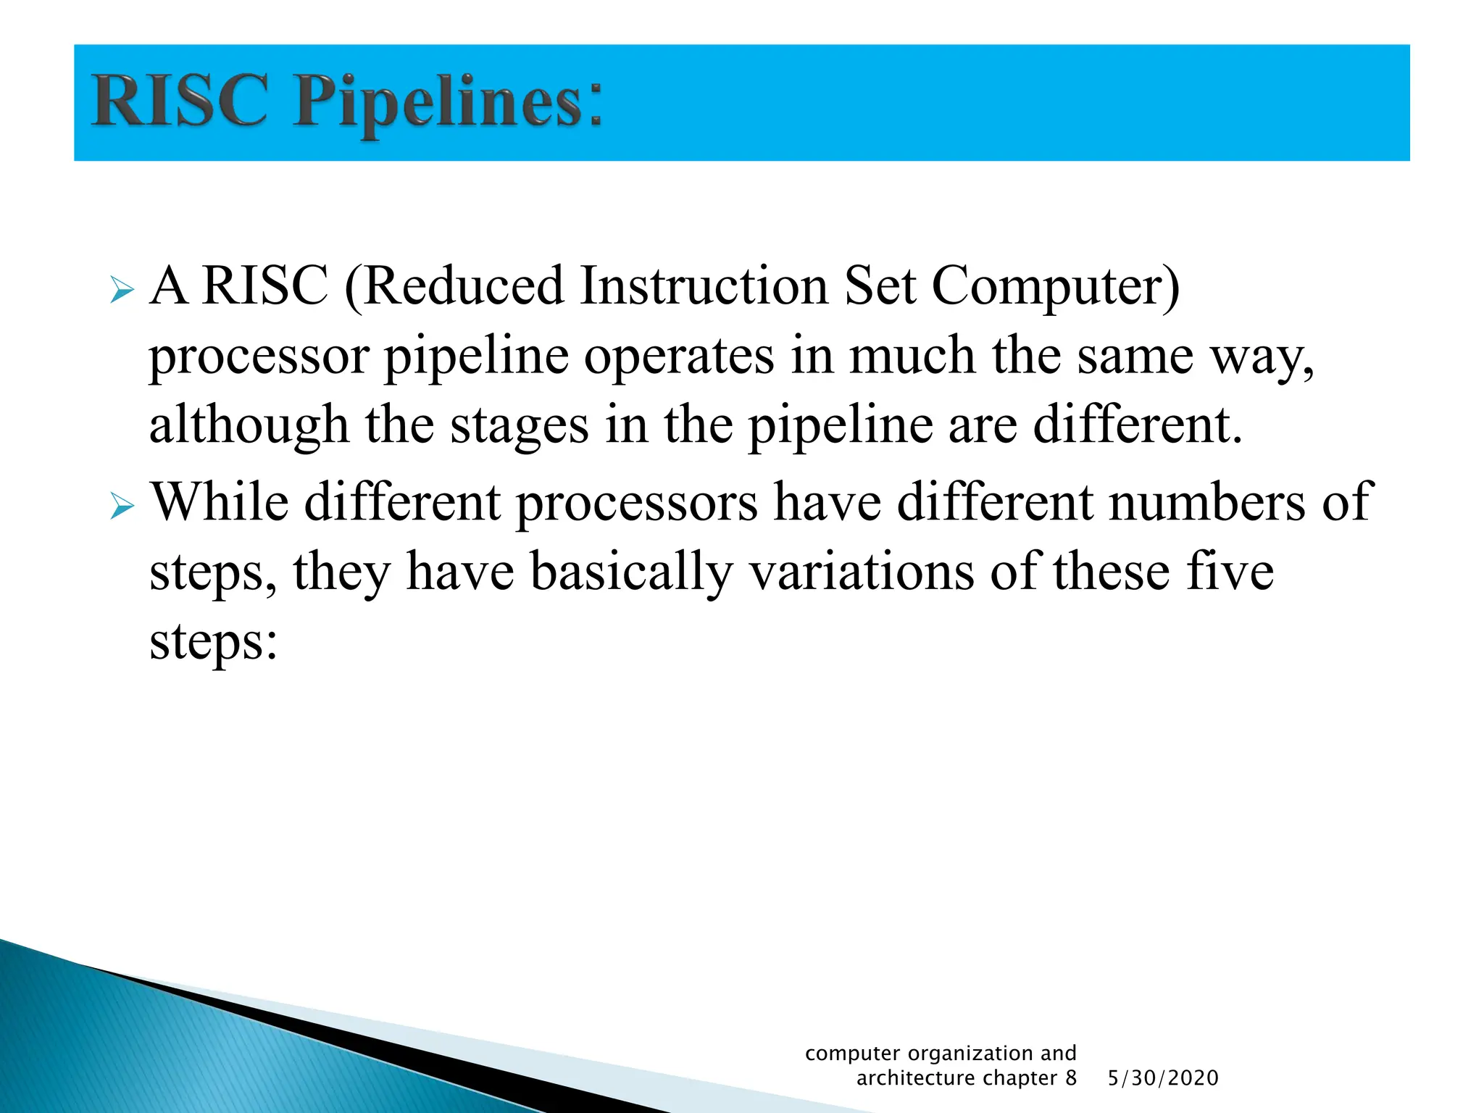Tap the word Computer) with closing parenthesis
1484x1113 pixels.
click(x=1055, y=288)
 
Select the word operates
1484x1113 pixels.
click(x=678, y=357)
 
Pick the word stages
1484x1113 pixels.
click(x=520, y=428)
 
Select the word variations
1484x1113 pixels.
click(x=861, y=572)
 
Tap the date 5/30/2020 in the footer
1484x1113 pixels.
click(x=1163, y=1078)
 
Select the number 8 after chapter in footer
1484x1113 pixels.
click(x=1070, y=1078)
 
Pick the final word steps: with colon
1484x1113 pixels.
click(x=213, y=643)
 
